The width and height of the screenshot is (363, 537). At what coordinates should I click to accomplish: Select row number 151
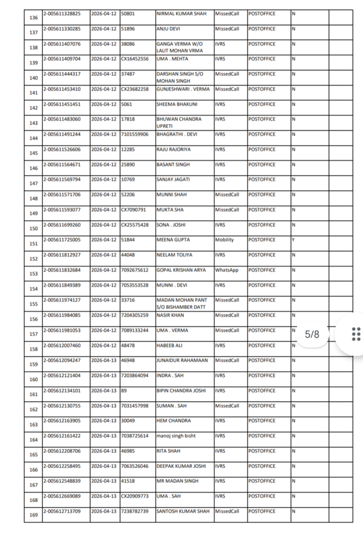[x=34, y=244]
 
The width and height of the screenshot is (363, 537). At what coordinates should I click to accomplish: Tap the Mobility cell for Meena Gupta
[x=224, y=240]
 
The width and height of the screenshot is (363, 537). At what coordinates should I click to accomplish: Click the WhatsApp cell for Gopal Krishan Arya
[x=226, y=270]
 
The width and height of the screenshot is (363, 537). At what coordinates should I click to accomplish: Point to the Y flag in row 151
[x=293, y=240]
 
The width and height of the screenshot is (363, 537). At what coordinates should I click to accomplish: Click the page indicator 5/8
[x=312, y=335]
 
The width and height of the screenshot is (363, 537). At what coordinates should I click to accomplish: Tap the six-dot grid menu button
[x=356, y=334]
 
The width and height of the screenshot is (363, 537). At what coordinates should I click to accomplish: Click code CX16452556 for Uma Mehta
[x=135, y=59]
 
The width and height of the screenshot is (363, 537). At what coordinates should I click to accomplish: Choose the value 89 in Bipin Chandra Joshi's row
[x=124, y=391]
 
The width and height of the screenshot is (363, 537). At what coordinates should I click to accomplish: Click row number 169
[x=34, y=515]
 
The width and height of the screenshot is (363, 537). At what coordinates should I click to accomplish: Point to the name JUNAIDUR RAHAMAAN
[x=182, y=360]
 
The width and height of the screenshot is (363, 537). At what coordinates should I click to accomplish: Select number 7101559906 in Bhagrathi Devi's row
[x=135, y=134]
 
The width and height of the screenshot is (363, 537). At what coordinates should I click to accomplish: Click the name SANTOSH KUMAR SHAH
[x=183, y=511]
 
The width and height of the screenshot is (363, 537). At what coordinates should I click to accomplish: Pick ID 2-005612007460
[x=62, y=346]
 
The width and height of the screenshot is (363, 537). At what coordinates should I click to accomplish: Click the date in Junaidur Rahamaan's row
[x=104, y=360]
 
